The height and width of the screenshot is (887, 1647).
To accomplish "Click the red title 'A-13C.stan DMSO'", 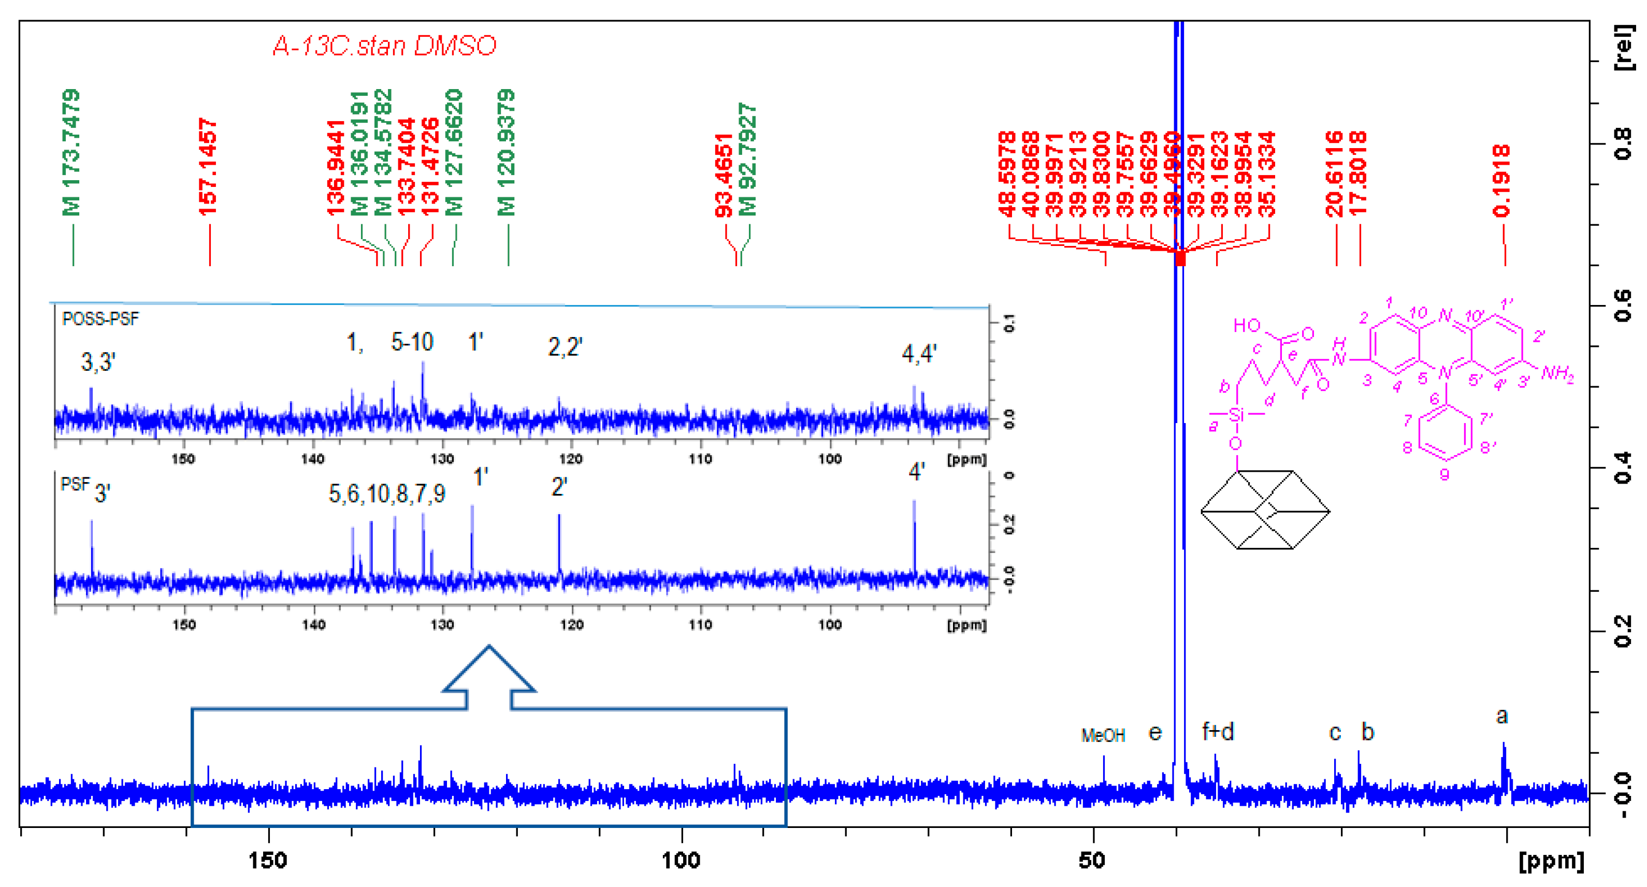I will click(x=384, y=46).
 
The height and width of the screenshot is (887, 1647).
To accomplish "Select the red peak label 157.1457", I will click(x=208, y=167).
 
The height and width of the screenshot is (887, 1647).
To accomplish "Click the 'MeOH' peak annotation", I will click(x=1103, y=736).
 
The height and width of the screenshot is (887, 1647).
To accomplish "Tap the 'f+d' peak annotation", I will click(x=1218, y=731).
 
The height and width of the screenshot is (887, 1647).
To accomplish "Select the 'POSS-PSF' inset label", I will click(x=100, y=319).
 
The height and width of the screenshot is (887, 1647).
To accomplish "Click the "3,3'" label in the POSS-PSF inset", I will click(x=98, y=362).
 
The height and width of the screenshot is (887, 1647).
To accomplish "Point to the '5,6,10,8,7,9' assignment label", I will click(x=387, y=493).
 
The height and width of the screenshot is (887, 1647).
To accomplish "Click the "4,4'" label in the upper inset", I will click(x=919, y=353).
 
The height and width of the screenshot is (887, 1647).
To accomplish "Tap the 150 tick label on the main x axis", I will click(x=268, y=860).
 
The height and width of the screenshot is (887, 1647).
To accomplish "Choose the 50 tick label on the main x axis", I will click(x=1092, y=860).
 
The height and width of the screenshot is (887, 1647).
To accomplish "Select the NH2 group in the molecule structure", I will click(x=1557, y=373).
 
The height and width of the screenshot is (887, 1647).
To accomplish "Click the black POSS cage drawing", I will click(x=1265, y=510).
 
